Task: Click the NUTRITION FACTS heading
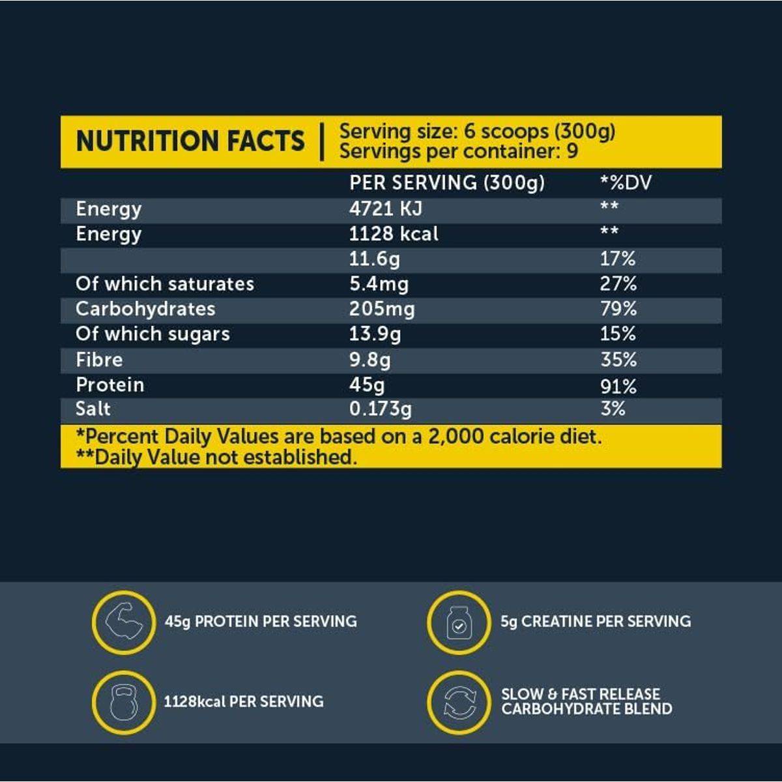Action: (x=190, y=141)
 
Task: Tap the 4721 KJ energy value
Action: (x=385, y=209)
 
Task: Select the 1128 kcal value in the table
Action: (x=394, y=233)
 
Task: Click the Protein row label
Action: (x=109, y=384)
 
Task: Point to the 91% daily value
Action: (x=618, y=386)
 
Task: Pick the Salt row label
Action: (x=93, y=409)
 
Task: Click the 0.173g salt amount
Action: (x=380, y=409)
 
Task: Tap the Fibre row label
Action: (x=99, y=360)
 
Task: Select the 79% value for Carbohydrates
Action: (x=618, y=308)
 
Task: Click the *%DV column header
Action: (x=626, y=182)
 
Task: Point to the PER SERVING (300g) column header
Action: (x=446, y=182)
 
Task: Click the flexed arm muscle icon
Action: (x=124, y=622)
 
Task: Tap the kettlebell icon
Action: (x=124, y=702)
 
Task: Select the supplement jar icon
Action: (x=459, y=622)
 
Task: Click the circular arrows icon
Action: (x=459, y=702)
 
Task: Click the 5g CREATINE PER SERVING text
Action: (x=596, y=621)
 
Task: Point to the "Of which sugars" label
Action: (x=152, y=334)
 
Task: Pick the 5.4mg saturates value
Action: (x=379, y=283)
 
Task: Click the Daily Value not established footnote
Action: (x=216, y=457)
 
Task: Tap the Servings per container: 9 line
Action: (x=458, y=151)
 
